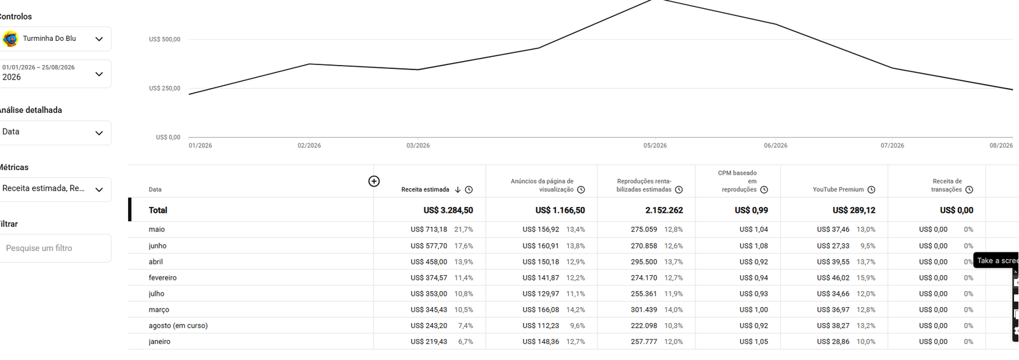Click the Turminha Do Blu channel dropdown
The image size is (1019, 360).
[55, 39]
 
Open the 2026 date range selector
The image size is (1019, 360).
[55, 74]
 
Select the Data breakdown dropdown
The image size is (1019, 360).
[55, 133]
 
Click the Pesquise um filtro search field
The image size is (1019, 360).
[55, 248]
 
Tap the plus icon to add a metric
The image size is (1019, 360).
[374, 181]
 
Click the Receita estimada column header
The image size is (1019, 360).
[425, 190]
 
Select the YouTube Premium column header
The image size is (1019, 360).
[838, 190]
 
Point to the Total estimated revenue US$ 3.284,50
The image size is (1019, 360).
[448, 210]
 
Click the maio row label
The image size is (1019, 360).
[157, 229]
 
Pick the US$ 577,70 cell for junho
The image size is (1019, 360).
[429, 246]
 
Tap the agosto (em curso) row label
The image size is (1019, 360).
[178, 326]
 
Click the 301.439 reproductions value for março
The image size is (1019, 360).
[644, 310]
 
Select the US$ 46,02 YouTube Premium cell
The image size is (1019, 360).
[833, 278]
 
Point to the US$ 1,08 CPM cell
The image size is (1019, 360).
[753, 246]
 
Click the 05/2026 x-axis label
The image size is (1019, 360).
[655, 146]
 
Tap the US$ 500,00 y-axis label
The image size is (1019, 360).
[165, 40]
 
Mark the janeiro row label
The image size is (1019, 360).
[159, 342]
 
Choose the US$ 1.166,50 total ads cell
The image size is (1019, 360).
[560, 210]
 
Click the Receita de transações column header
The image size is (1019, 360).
[946, 185]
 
